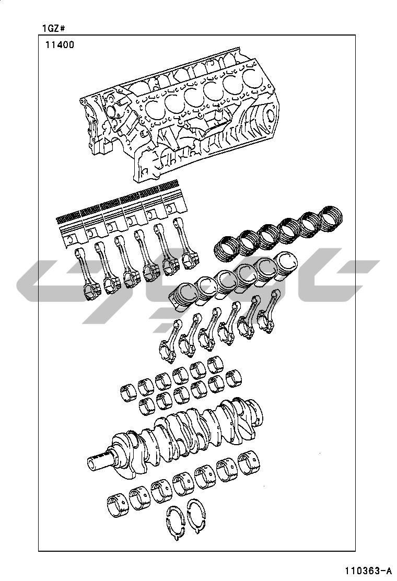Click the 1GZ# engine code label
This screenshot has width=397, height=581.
click(54, 28)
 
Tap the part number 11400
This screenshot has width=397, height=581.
click(60, 45)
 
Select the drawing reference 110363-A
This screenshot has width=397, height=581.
click(368, 570)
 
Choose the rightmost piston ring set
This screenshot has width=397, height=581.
click(331, 218)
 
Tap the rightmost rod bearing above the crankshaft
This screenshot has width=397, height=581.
click(234, 377)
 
